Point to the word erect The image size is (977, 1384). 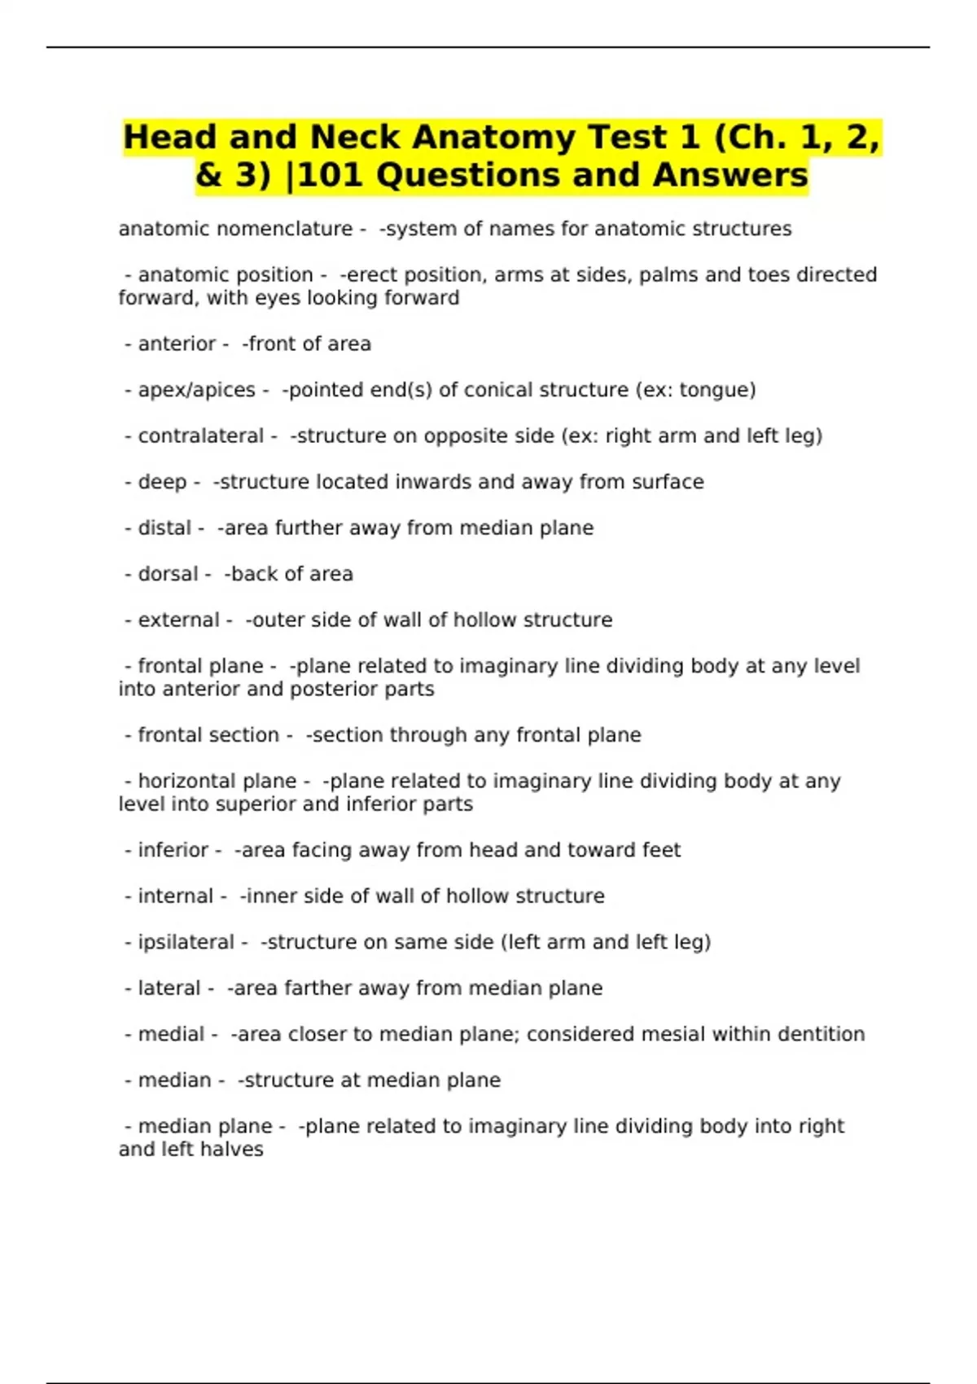[367, 275]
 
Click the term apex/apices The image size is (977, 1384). [196, 390]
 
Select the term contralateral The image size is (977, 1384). [200, 436]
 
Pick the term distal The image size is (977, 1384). [164, 528]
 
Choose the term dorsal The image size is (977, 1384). [168, 574]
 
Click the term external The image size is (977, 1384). [178, 620]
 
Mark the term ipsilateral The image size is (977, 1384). [186, 942]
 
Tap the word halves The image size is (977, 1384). [236, 1150]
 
